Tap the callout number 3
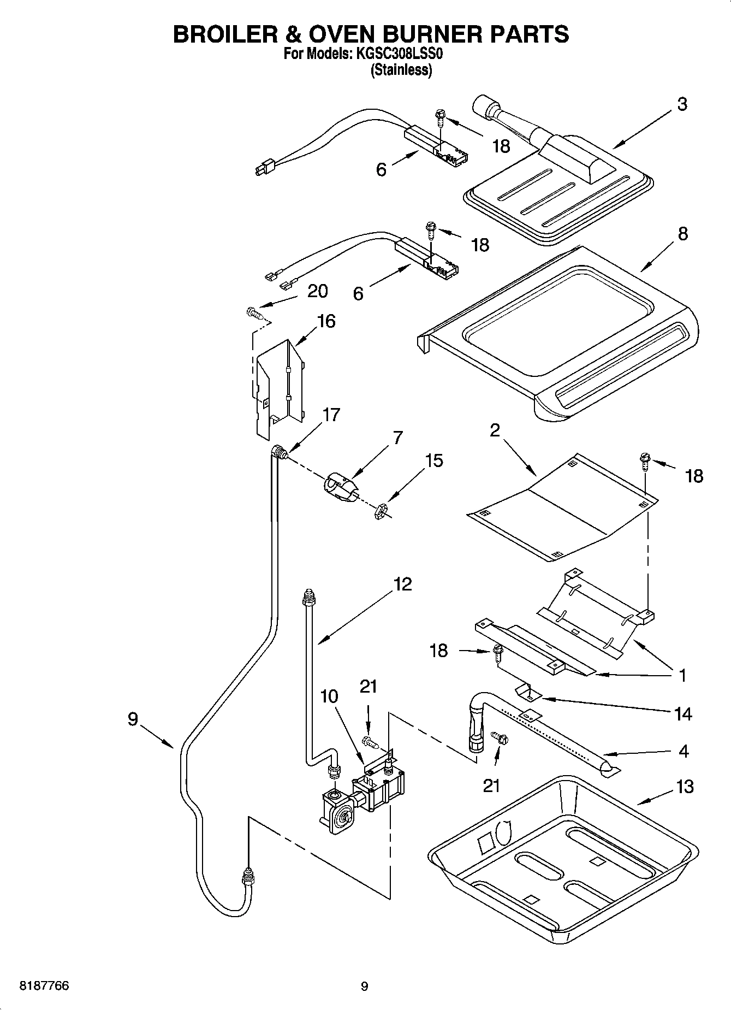coord(682,104)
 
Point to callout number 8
coord(682,234)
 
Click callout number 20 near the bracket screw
coord(317,291)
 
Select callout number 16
coord(326,321)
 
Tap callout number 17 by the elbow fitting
coord(331,415)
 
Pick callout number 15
coord(434,460)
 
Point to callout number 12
coord(402,584)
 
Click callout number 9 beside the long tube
coord(133,719)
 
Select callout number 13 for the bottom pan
coord(685,787)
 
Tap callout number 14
coord(683,714)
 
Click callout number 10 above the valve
coord(329,696)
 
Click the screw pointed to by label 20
coord(254,313)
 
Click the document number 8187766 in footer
coord(44,986)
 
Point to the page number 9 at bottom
coord(364,987)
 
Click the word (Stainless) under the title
coord(401,70)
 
